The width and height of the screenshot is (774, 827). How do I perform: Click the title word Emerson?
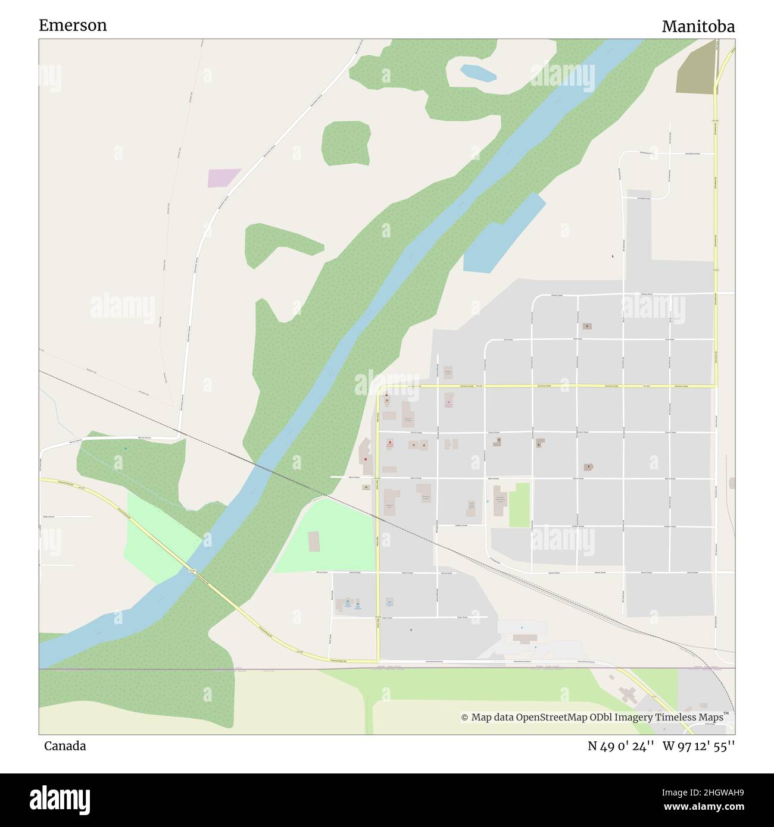coord(73,25)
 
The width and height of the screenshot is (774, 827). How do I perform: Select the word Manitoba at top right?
coord(698,26)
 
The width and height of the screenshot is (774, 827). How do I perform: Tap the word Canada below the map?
coord(64,745)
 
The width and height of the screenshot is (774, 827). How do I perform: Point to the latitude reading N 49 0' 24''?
coord(621,746)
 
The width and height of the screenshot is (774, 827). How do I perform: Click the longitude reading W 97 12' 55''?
coord(698,746)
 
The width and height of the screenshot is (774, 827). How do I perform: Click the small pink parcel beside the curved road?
coord(223,178)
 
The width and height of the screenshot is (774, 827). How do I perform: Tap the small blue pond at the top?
coord(478,73)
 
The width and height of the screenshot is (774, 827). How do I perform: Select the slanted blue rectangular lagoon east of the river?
coord(504,233)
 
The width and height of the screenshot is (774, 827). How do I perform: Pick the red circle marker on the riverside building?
coord(365,459)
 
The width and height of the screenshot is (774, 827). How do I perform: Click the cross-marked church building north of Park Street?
coord(588,326)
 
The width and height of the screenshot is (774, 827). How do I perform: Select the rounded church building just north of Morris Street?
coord(589,467)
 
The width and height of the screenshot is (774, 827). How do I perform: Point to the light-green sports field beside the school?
coord(519,505)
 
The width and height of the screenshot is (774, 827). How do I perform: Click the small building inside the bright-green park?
coord(314,541)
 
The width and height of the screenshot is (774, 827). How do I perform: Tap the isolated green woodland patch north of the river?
coord(346,143)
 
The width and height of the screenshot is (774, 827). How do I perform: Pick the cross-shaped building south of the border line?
coord(626,694)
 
